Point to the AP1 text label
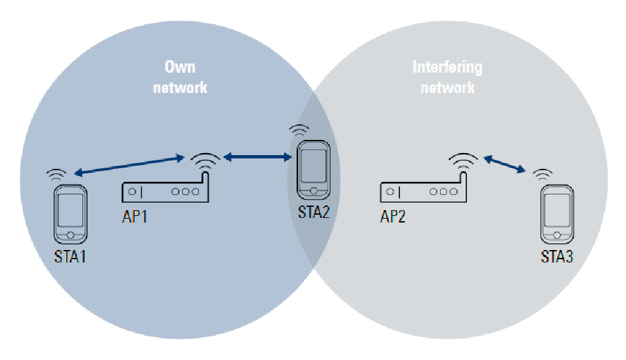tap(135, 216)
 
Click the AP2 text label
tap(393, 216)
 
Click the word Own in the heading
tap(180, 67)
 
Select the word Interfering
tap(447, 67)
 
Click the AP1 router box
tap(164, 191)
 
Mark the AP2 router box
tap(422, 191)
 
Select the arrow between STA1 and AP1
tap(128, 165)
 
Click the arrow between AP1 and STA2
tap(257, 157)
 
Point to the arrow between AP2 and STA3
tap(505, 164)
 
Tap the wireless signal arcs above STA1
tap(57, 174)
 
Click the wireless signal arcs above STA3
tap(542, 174)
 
